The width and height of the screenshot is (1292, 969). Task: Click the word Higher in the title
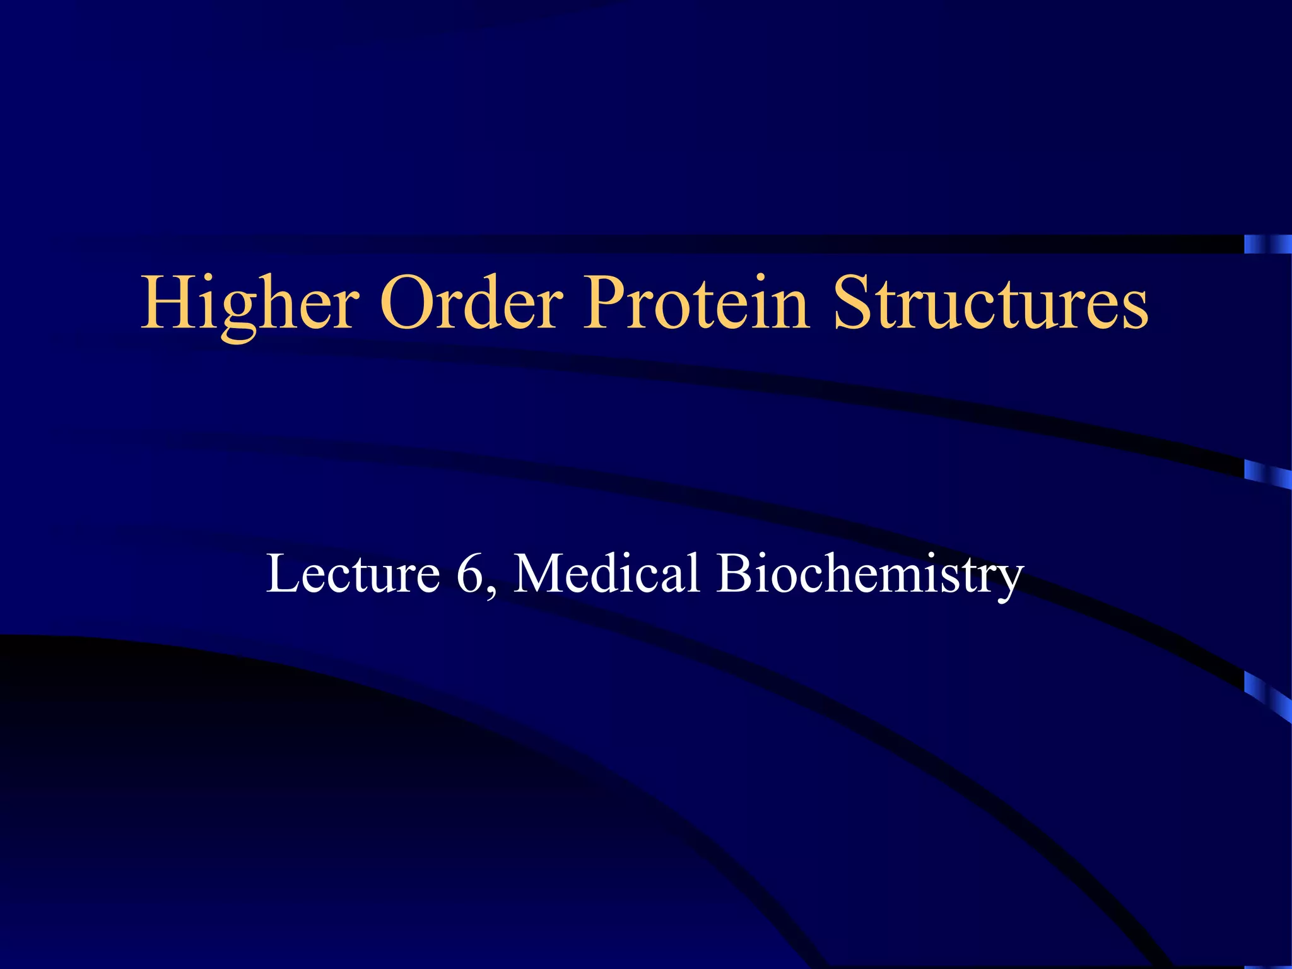tap(250, 304)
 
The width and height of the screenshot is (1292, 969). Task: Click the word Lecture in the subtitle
tap(353, 573)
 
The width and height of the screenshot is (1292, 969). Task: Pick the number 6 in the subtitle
tap(469, 573)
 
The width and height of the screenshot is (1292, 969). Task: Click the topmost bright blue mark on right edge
tap(1267, 244)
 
